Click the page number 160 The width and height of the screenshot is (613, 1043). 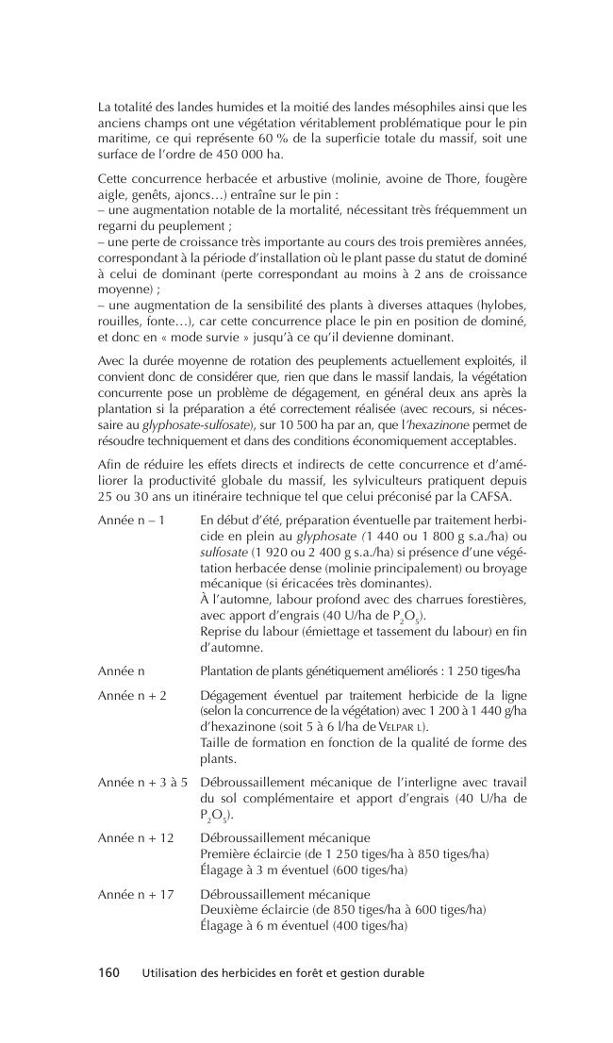pos(109,972)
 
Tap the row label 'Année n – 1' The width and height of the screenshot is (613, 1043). pos(131,520)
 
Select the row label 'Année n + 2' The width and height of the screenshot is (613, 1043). pos(131,693)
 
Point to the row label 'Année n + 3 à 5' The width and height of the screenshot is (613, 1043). pos(143,782)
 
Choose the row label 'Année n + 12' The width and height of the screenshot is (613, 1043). pos(136,837)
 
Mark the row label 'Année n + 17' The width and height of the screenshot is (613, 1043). pos(136,893)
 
